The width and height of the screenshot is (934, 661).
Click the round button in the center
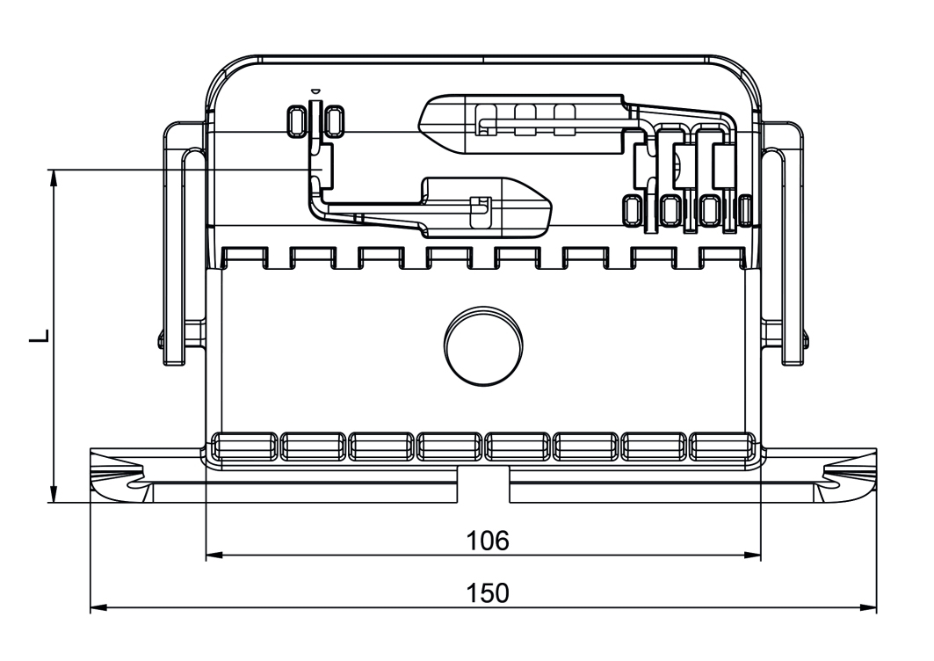[x=482, y=345]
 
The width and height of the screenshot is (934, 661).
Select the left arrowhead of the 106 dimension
[x=212, y=556]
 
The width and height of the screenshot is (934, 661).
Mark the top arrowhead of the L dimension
[x=54, y=176]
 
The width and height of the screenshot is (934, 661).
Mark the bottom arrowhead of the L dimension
[x=54, y=496]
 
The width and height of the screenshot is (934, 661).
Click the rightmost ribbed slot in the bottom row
[x=720, y=447]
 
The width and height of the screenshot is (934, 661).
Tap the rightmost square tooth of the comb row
[x=723, y=257]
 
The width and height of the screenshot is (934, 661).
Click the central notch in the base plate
[x=482, y=484]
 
